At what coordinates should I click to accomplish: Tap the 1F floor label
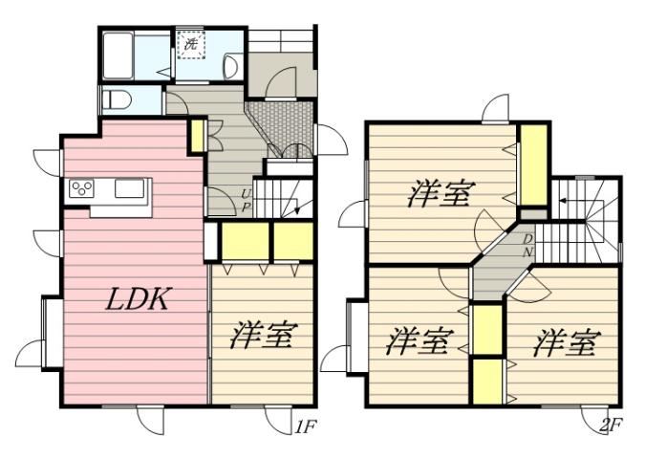point(304,427)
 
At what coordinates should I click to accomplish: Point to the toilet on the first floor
point(116,98)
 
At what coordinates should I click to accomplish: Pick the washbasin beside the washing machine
point(229,64)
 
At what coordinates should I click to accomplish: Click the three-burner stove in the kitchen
point(80,188)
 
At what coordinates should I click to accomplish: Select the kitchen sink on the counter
point(129,188)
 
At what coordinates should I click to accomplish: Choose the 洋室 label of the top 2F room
point(439,194)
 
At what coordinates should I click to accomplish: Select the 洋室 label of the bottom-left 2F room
point(419,339)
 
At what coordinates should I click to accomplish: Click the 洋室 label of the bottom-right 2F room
point(566,339)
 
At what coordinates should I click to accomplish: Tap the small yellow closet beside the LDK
point(197,136)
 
